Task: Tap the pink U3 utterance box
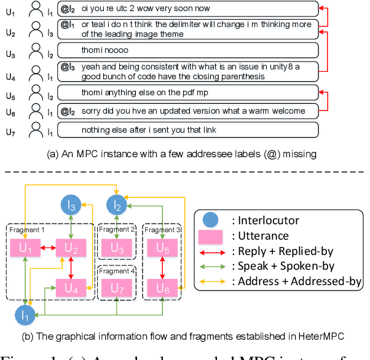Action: point(117,249)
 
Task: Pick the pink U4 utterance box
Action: point(71,288)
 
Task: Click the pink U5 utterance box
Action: point(162,249)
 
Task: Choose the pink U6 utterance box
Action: point(162,288)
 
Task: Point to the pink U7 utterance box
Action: point(117,288)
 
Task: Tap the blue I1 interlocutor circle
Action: point(25,316)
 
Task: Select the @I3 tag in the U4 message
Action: point(67,66)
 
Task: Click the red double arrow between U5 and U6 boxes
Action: point(162,268)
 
